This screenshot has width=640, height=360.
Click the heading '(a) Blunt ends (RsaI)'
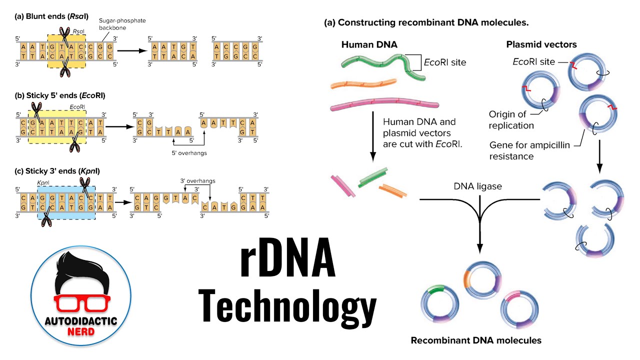click(51, 16)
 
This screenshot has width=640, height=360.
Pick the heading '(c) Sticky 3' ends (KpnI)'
click(57, 171)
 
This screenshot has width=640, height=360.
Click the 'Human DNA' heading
click(369, 44)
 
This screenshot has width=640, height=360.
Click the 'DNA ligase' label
click(477, 186)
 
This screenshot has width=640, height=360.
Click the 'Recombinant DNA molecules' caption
click(476, 340)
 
